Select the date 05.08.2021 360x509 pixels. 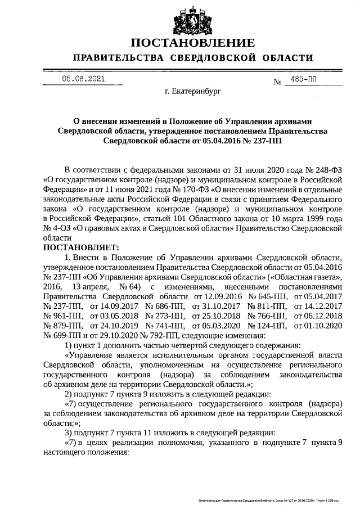pyautogui.click(x=83, y=79)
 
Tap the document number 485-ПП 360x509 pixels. pyautogui.click(x=301, y=79)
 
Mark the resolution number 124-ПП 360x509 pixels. pyautogui.click(x=268, y=326)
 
